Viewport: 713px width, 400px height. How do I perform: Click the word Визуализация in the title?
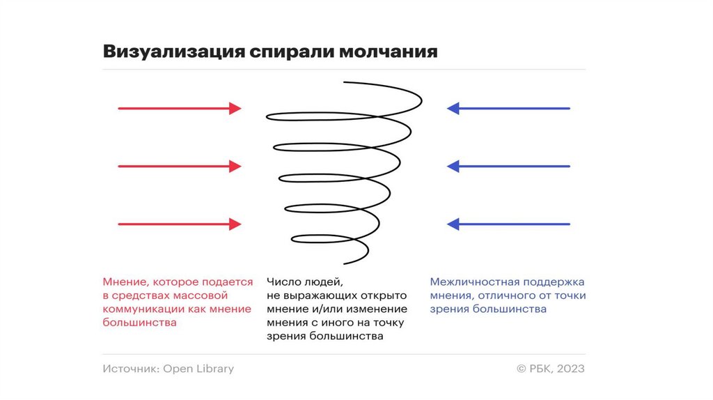pyautogui.click(x=171, y=52)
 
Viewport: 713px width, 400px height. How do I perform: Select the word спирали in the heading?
pyautogui.click(x=292, y=53)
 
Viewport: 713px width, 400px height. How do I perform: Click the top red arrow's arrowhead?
pyautogui.click(x=235, y=108)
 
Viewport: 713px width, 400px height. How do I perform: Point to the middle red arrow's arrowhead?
pyautogui.click(x=235, y=166)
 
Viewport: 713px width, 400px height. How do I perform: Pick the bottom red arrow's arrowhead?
pyautogui.click(x=235, y=224)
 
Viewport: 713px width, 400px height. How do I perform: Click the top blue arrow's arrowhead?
pyautogui.click(x=453, y=108)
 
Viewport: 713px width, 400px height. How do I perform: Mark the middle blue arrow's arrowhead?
pyautogui.click(x=453, y=166)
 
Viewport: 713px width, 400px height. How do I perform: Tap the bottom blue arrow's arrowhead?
pyautogui.click(x=453, y=224)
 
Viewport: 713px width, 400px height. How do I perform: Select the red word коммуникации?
pyautogui.click(x=143, y=309)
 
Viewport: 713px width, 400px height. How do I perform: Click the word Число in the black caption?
pyautogui.click(x=282, y=282)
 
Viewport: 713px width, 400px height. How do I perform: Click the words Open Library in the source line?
pyautogui.click(x=198, y=369)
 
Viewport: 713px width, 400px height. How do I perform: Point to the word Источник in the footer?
pyautogui.click(x=130, y=369)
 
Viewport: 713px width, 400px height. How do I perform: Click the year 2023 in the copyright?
pyautogui.click(x=570, y=369)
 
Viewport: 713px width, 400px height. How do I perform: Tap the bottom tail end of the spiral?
pyautogui.click(x=346, y=263)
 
